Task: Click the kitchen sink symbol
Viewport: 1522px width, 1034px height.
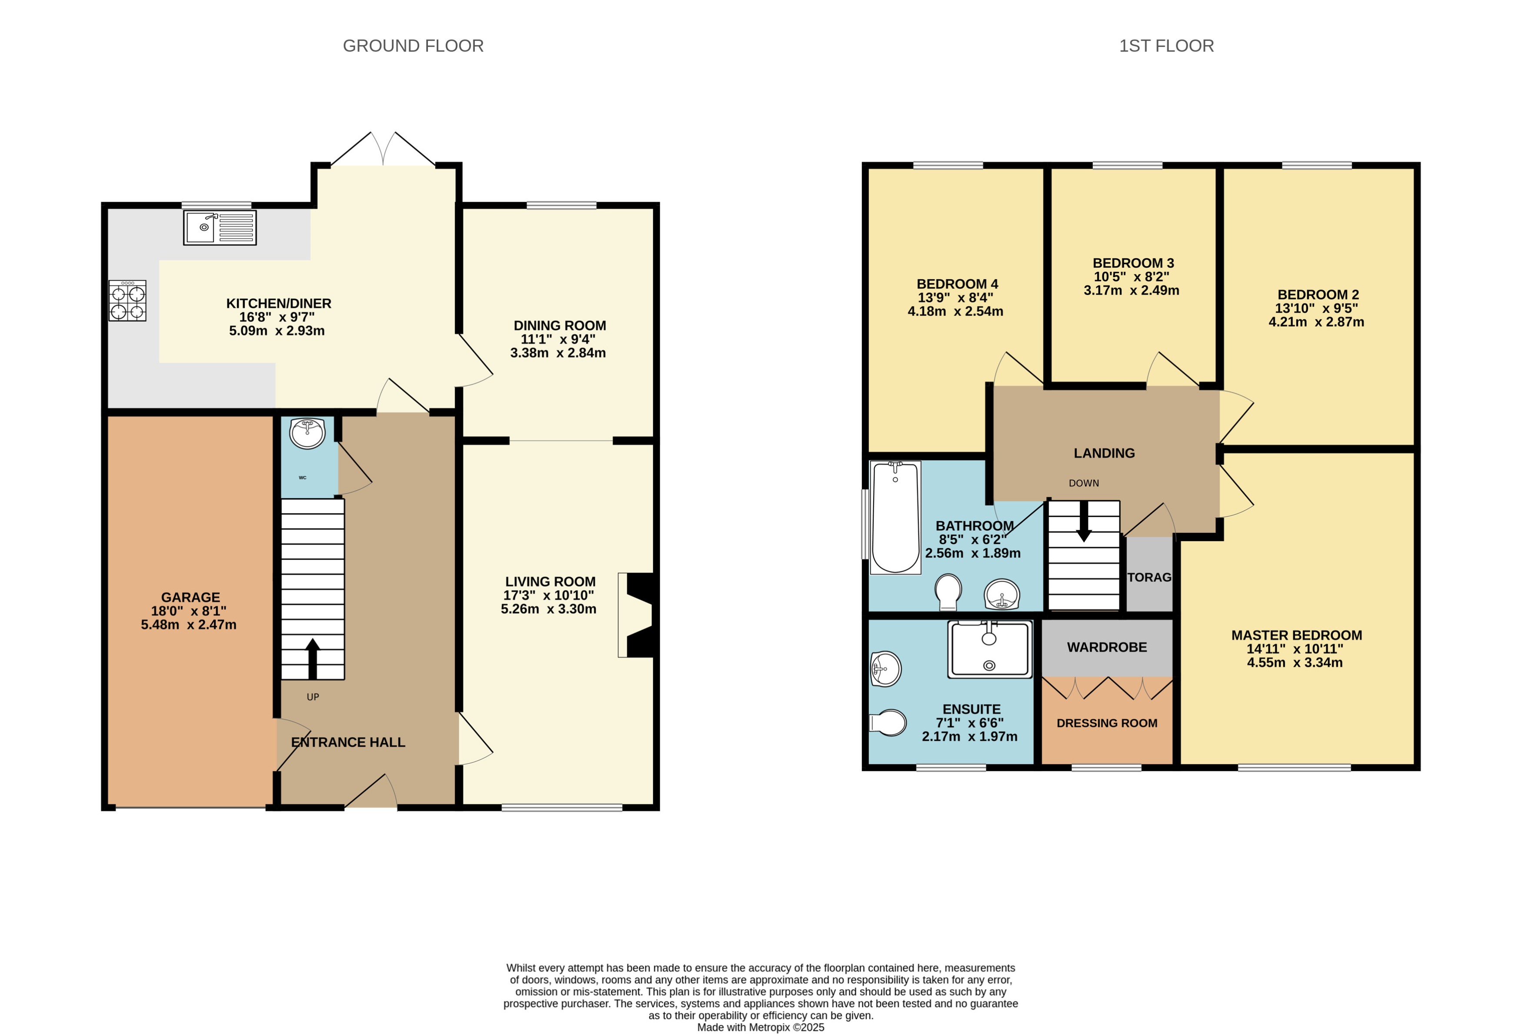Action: click(220, 228)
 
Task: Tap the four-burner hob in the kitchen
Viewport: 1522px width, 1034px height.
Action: click(127, 301)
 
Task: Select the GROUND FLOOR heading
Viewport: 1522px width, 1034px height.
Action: click(413, 46)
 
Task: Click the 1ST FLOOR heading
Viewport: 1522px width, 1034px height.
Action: click(1166, 46)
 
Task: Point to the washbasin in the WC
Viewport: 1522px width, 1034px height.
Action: click(307, 433)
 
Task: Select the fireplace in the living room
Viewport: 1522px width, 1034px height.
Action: click(637, 615)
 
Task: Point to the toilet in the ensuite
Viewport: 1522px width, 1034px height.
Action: click(889, 723)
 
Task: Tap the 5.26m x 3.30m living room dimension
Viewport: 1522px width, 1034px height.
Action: click(548, 609)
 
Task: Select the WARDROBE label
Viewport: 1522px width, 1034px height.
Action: click(1107, 647)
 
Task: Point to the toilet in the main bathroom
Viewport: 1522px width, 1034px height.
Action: click(948, 590)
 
